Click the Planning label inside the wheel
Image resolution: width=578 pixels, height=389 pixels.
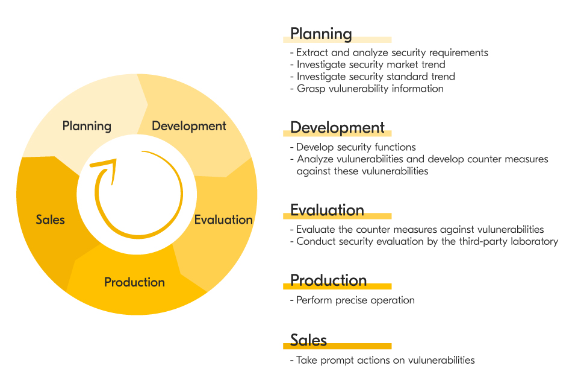(x=87, y=126)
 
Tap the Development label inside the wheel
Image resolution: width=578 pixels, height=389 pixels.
(x=188, y=126)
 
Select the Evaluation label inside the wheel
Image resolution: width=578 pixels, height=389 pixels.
(x=223, y=220)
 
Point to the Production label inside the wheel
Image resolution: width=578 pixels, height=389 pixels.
(x=134, y=282)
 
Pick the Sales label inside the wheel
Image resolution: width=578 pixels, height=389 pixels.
(x=50, y=220)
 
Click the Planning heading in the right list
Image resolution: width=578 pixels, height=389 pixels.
(x=320, y=34)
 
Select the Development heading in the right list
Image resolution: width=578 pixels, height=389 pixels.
(x=337, y=128)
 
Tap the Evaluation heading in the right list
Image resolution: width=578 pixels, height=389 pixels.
(x=327, y=210)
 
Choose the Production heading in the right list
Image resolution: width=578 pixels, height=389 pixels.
(x=328, y=280)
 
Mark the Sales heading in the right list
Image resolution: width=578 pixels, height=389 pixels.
(x=308, y=340)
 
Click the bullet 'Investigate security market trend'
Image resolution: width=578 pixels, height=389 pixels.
(x=371, y=65)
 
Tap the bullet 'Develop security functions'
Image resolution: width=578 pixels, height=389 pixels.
(x=355, y=147)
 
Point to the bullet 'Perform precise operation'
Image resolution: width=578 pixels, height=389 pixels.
(x=355, y=300)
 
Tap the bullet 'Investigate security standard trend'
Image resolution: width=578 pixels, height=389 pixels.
(x=376, y=77)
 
